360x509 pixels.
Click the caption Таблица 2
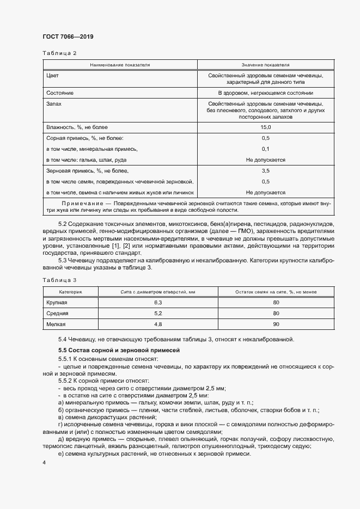pyautogui.click(x=59, y=53)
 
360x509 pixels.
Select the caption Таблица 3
pyautogui.click(x=59, y=280)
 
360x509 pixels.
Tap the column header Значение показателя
pyautogui.click(x=265, y=64)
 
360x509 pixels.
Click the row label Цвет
pyautogui.click(x=53, y=75)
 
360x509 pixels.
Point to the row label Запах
pyautogui.click(x=54, y=103)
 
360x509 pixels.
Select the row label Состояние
pyautogui.click(x=60, y=93)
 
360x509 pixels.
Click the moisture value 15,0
pyautogui.click(x=265, y=127)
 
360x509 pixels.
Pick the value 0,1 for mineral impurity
pyautogui.click(x=265, y=149)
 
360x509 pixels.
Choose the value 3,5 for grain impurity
pyautogui.click(x=265, y=171)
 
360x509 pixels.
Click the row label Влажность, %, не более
pyautogui.click(x=77, y=127)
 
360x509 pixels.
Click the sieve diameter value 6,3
pyautogui.click(x=158, y=302)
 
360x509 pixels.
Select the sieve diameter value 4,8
pyautogui.click(x=158, y=324)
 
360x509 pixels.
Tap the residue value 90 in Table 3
pyautogui.click(x=276, y=324)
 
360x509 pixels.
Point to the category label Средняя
pyautogui.click(x=58, y=314)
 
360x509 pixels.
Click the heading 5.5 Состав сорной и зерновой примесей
pyautogui.click(x=119, y=349)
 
